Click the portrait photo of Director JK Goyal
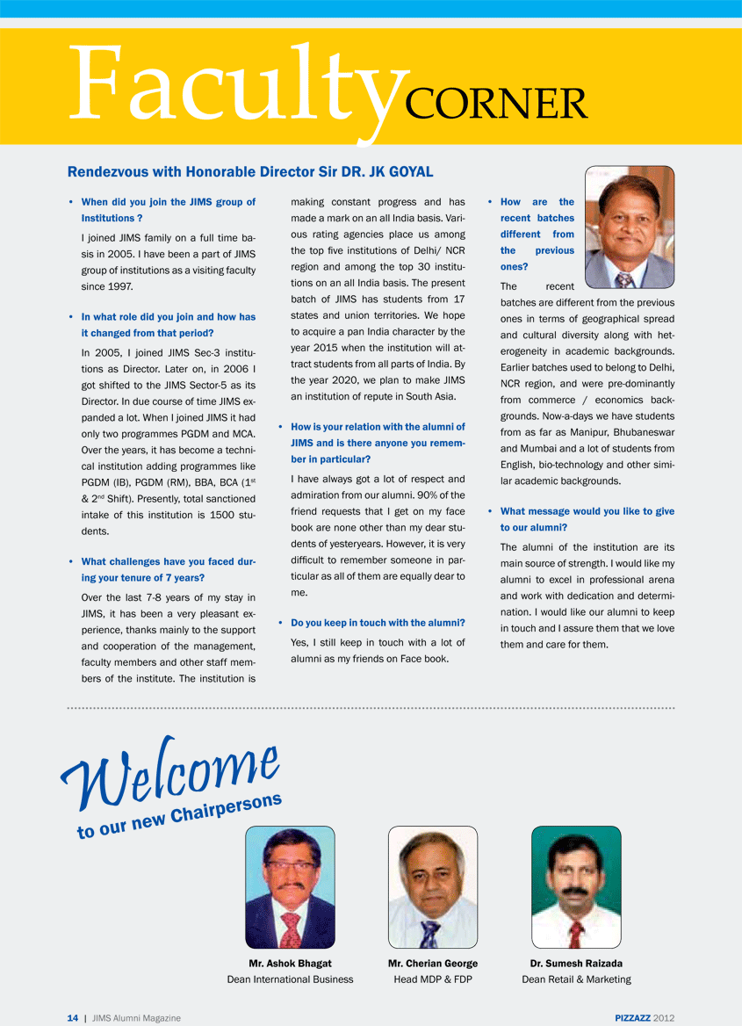[630, 228]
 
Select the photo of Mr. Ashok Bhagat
[290, 887]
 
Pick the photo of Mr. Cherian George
[433, 887]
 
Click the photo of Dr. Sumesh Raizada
[576, 887]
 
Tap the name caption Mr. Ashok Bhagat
[290, 964]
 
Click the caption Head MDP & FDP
[433, 979]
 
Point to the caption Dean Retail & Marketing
[576, 979]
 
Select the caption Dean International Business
[290, 979]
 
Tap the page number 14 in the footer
[73, 1018]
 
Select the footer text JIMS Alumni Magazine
[136, 1018]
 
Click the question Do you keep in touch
[378, 623]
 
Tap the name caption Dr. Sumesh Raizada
[576, 964]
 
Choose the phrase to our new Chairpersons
[180, 815]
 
